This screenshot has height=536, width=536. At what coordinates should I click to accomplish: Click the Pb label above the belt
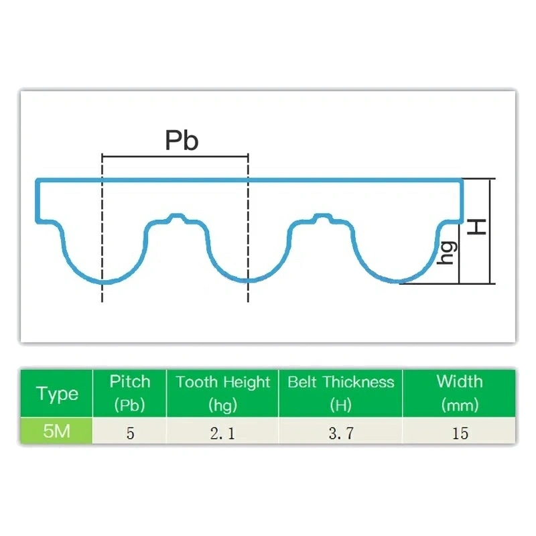(x=182, y=140)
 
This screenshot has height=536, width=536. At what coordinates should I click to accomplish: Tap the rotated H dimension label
(x=476, y=227)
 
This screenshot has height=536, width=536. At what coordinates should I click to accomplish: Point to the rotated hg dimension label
(x=448, y=253)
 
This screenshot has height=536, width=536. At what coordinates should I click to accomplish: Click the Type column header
(x=57, y=394)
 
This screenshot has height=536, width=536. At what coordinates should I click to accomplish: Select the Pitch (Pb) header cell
(x=129, y=393)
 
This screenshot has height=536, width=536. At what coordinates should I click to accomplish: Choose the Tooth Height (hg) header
(x=222, y=393)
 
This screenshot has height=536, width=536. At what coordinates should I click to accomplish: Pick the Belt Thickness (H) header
(x=341, y=393)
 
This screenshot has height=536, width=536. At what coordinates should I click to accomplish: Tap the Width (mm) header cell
(x=460, y=393)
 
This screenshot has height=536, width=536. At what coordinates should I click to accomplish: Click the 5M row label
(x=57, y=431)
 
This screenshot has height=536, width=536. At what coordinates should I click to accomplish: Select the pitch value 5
(x=130, y=433)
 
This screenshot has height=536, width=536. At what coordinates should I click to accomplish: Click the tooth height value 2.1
(x=222, y=433)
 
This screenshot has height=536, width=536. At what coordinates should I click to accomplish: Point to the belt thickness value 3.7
(x=341, y=433)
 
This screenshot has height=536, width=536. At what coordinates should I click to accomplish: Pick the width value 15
(x=460, y=433)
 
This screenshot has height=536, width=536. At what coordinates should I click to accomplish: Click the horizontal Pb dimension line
(x=175, y=157)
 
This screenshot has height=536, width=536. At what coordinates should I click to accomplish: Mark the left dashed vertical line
(x=102, y=228)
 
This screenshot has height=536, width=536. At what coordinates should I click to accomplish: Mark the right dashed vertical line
(x=248, y=228)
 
